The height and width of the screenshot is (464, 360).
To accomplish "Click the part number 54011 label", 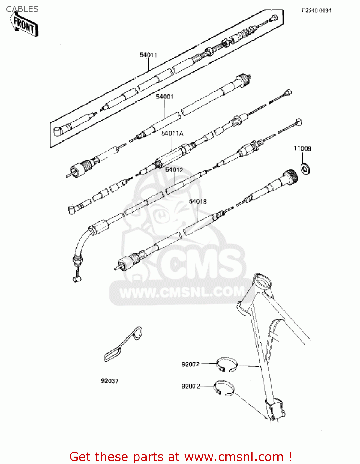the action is [148, 55].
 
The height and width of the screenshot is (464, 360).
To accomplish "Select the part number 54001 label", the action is [165, 97].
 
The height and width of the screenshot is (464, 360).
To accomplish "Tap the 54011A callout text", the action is [172, 133].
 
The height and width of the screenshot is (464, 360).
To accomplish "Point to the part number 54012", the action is [174, 170].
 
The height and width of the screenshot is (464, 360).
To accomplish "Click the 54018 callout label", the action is [198, 201].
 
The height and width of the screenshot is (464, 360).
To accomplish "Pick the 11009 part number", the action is [302, 148].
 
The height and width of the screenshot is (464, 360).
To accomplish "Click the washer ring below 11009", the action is [306, 169].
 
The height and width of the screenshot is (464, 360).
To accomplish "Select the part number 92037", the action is [109, 381].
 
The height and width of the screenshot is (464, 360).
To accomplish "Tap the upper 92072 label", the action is [191, 364].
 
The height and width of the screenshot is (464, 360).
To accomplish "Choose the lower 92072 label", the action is [191, 386].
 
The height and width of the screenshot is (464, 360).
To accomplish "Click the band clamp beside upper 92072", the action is [227, 364].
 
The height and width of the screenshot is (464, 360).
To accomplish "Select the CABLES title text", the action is [22, 9].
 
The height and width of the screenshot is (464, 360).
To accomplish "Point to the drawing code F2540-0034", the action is [316, 11].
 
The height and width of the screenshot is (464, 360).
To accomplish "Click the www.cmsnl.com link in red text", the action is [234, 457].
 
